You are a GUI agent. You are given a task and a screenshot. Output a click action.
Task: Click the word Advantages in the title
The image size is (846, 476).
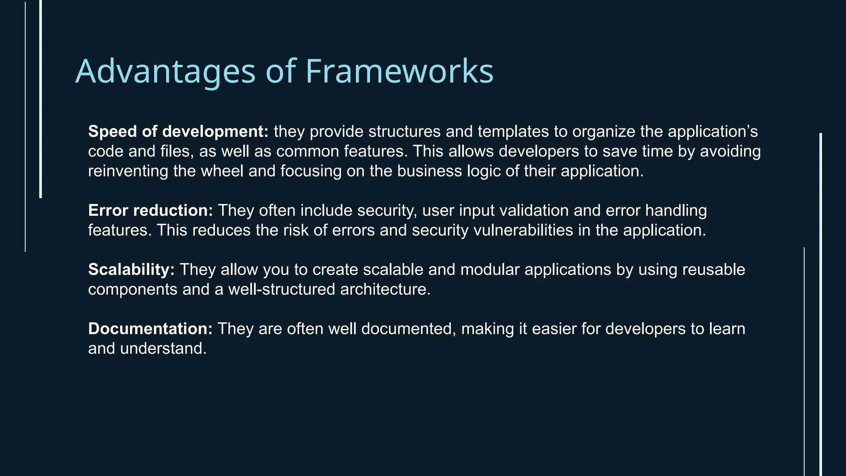click(x=166, y=71)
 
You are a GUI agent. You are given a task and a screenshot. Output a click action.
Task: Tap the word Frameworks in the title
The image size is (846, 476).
click(x=399, y=71)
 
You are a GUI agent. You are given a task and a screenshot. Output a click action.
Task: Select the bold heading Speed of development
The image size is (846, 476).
click(x=178, y=131)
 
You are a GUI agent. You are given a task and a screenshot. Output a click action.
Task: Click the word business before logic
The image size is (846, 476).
click(x=430, y=171)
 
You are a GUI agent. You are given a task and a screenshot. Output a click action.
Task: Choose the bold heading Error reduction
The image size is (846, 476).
click(x=150, y=210)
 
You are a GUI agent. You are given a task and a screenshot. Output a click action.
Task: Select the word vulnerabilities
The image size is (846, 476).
click(x=523, y=230)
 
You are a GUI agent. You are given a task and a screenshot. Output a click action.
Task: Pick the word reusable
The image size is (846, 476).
click(x=713, y=269)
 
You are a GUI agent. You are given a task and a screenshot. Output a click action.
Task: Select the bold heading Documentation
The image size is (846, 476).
click(x=150, y=329)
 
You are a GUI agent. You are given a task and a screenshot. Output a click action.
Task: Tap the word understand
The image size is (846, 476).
click(x=163, y=349)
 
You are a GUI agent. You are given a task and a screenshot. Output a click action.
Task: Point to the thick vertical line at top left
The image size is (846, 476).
click(x=40, y=99)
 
